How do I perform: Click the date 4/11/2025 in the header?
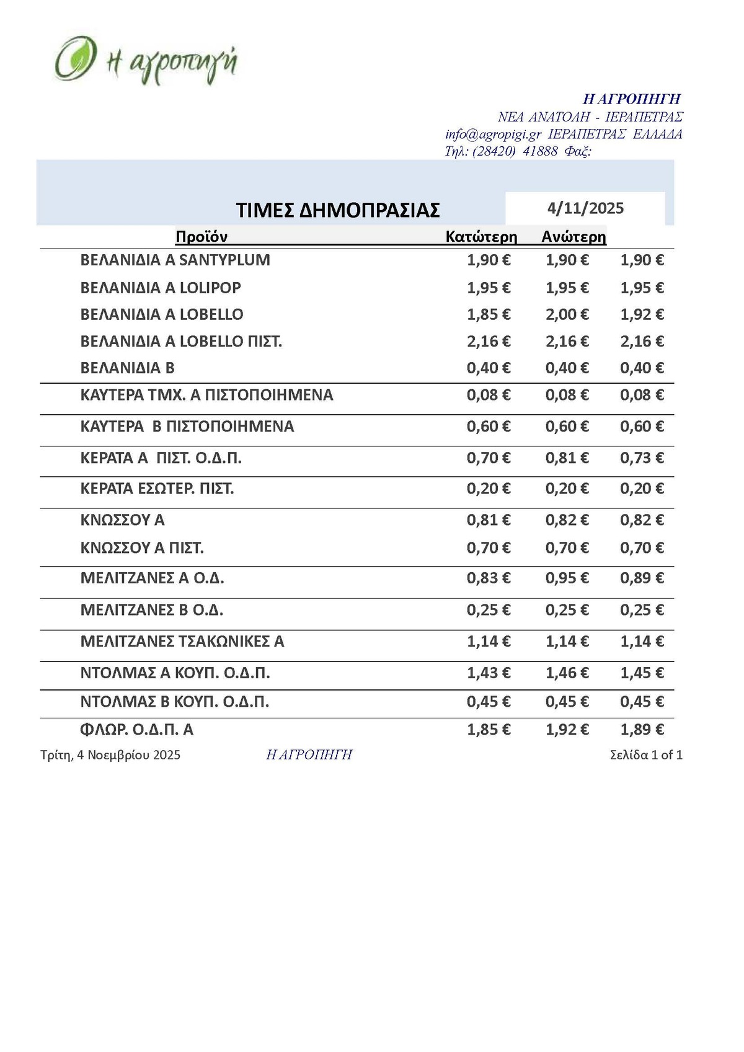click(585, 208)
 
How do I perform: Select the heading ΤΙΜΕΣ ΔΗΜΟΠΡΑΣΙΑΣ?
click(338, 210)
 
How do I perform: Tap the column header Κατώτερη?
click(481, 237)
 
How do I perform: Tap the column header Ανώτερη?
click(573, 237)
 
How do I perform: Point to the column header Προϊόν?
click(201, 237)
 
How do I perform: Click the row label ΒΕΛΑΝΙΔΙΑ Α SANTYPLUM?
click(175, 260)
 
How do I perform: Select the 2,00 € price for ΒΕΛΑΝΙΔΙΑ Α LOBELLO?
click(567, 314)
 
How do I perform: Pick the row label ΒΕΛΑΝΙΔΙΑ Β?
click(128, 368)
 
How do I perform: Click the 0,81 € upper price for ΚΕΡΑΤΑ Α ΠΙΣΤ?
click(567, 458)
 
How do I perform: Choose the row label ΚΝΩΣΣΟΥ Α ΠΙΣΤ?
click(142, 548)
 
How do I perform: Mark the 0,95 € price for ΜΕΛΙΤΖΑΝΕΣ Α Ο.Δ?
click(567, 578)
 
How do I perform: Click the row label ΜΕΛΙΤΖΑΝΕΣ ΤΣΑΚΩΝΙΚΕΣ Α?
click(182, 642)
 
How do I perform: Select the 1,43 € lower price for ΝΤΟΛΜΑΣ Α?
click(489, 673)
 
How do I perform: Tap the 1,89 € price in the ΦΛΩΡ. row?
click(642, 730)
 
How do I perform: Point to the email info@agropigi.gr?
click(494, 135)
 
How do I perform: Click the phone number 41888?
click(540, 151)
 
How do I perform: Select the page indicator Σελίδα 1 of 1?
click(646, 755)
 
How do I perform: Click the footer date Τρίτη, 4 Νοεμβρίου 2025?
click(110, 755)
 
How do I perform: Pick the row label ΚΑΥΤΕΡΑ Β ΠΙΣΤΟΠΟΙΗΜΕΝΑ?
click(187, 427)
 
